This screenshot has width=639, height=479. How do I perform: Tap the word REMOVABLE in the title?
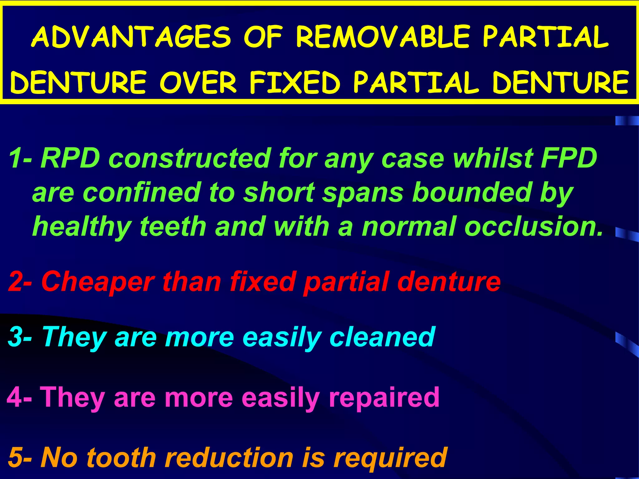click(x=383, y=37)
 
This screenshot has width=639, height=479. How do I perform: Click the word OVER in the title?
click(x=198, y=83)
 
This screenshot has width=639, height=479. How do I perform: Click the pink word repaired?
click(x=384, y=397)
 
